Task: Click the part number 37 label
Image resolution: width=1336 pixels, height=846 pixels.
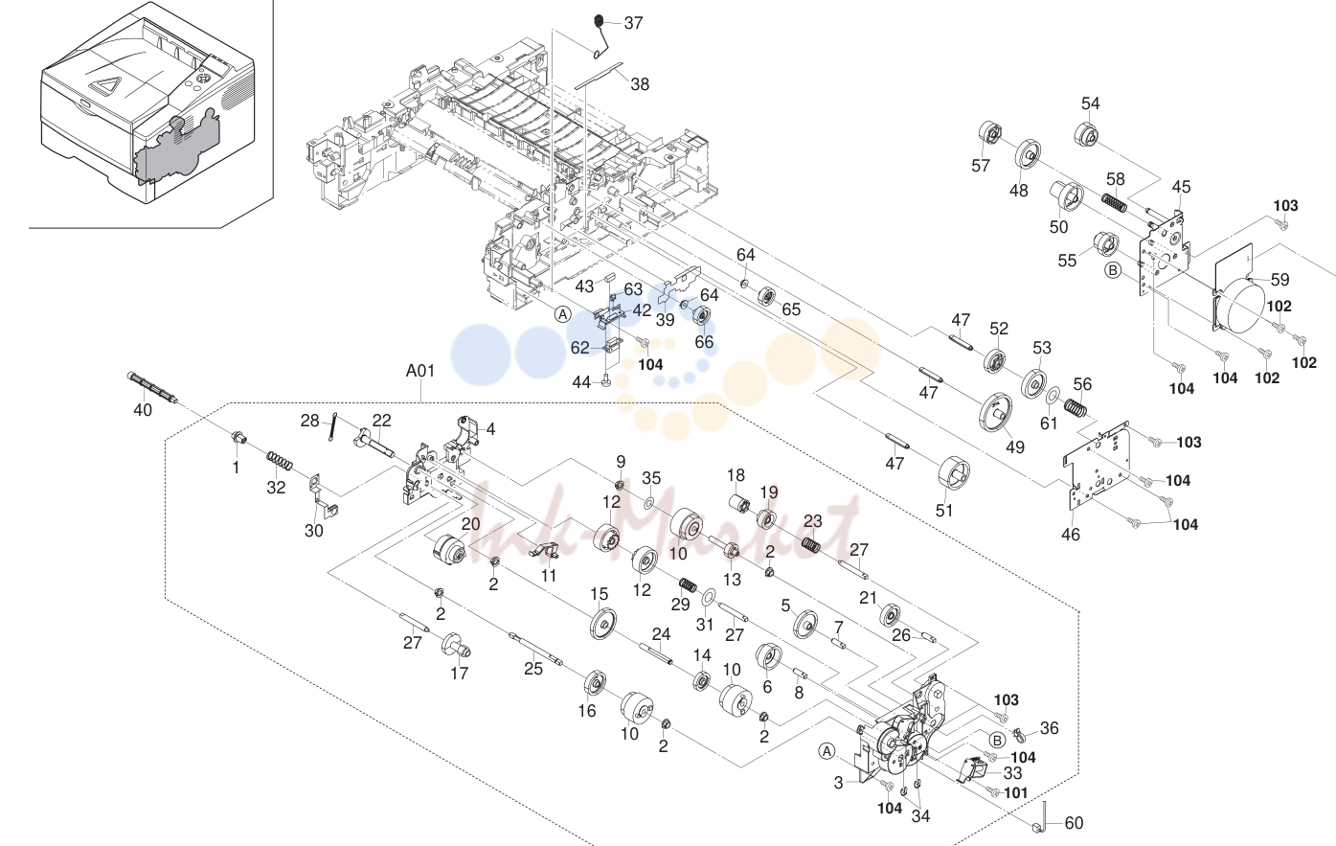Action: pyautogui.click(x=633, y=23)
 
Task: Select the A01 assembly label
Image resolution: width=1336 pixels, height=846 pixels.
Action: pyautogui.click(x=420, y=371)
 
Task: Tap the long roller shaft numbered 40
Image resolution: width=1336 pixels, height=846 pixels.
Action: pyautogui.click(x=152, y=388)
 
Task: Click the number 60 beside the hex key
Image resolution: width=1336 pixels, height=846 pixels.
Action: pyautogui.click(x=1075, y=823)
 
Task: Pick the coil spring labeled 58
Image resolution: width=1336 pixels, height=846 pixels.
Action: pyautogui.click(x=1113, y=202)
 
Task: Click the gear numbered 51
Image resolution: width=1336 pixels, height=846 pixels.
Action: pyautogui.click(x=954, y=474)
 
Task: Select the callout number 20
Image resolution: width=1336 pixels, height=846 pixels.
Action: pyautogui.click(x=470, y=524)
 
